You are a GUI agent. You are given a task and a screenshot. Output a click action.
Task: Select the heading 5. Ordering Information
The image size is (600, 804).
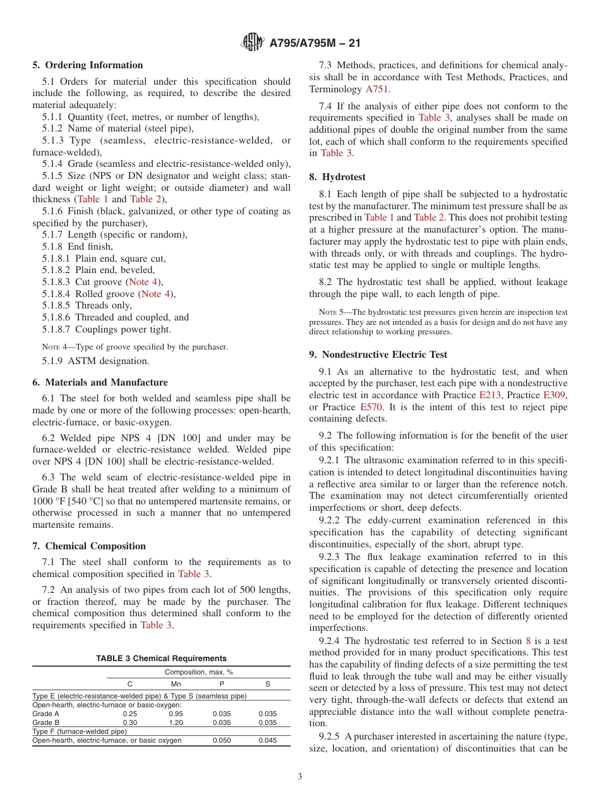click(88, 65)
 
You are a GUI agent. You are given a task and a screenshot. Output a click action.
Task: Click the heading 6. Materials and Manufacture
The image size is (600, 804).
click(100, 382)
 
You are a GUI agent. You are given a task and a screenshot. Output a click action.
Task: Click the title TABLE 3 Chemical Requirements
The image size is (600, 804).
click(161, 659)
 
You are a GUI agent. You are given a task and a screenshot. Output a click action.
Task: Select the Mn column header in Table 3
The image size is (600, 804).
click(176, 684)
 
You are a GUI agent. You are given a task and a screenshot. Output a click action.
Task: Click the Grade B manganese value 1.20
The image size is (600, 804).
click(176, 722)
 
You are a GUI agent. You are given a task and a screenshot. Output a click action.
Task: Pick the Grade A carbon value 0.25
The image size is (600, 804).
click(130, 714)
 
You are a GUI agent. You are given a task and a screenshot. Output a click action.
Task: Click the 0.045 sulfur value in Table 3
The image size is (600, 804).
click(267, 740)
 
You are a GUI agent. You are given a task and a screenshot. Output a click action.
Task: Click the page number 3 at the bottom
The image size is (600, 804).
click(300, 777)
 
